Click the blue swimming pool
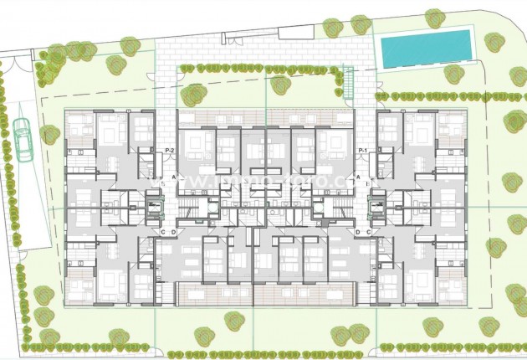tap(426, 49)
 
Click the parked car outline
tap(23, 138)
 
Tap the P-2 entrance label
tap(169, 150)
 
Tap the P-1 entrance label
tap(363, 150)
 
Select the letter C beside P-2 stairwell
tap(162, 232)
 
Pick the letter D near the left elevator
tap(173, 232)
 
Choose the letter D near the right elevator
tap(357, 232)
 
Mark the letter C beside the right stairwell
tap(368, 232)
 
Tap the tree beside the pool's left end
tap(361, 23)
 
